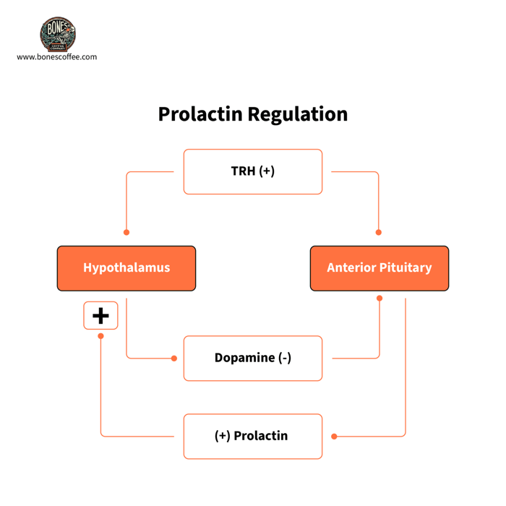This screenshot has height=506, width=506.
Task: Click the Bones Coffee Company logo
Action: pos(58,34)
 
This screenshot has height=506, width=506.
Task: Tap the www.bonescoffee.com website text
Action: pos(56,56)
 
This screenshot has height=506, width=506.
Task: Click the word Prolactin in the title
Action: pos(200,114)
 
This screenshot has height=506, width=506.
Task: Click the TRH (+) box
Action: pos(253,172)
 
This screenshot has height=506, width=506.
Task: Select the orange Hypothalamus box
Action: pos(126,268)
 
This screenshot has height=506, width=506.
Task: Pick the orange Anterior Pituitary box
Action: pos(379,268)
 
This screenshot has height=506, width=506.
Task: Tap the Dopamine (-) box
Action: pos(253,359)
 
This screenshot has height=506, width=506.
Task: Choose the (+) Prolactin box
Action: pos(253,436)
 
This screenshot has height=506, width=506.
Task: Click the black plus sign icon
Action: pos(100,316)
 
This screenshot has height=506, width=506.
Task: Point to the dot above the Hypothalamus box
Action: pos(126,232)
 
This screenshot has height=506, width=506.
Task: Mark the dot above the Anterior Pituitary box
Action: pos(379,232)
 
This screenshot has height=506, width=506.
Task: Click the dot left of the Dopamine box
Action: pos(174,359)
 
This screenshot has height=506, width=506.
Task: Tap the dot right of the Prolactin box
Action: pos(334,437)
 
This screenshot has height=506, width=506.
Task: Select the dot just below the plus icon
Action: pos(100,336)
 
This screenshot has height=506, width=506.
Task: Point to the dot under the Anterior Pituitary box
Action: pos(379,298)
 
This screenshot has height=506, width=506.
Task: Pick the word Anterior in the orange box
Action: pos(348,268)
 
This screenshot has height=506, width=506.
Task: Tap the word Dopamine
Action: pos(244,359)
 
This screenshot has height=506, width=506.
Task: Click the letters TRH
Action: pos(244,172)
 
